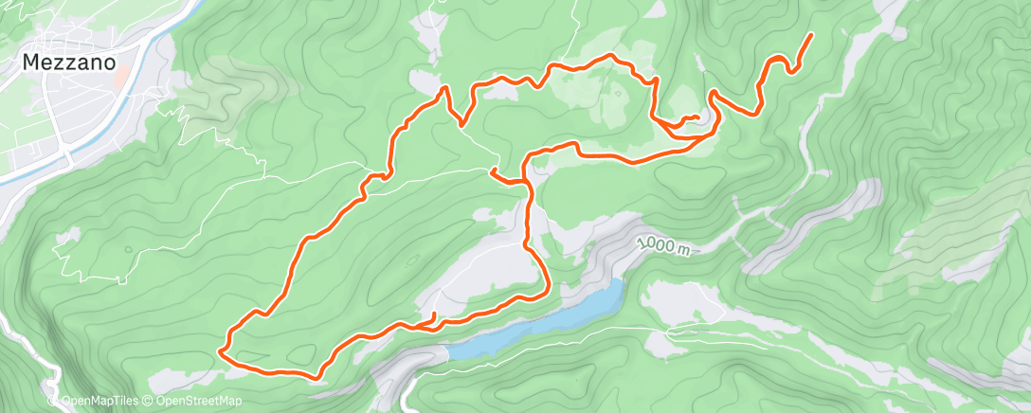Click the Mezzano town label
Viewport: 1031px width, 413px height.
pos(70,63)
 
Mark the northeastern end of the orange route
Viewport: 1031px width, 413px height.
pos(811,35)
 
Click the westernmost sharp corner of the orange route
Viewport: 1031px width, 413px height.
pos(220,350)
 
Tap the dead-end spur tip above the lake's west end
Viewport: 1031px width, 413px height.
pos(435,314)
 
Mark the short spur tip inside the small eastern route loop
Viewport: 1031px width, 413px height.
pos(698,117)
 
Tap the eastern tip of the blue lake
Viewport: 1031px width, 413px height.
pos(622,283)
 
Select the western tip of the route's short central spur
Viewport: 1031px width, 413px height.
pos(491,171)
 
